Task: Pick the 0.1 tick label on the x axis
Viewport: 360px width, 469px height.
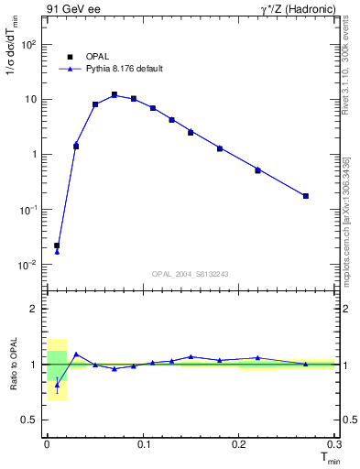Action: (144, 444)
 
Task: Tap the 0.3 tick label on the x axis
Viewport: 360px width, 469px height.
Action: (334, 444)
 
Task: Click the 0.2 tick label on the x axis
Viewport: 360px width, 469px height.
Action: (239, 444)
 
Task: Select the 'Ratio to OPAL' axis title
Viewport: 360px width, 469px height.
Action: (13, 365)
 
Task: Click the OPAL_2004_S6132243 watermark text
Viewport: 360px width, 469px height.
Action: (189, 275)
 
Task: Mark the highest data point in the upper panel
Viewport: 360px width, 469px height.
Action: (115, 94)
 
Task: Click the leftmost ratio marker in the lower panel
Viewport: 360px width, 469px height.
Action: (57, 385)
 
